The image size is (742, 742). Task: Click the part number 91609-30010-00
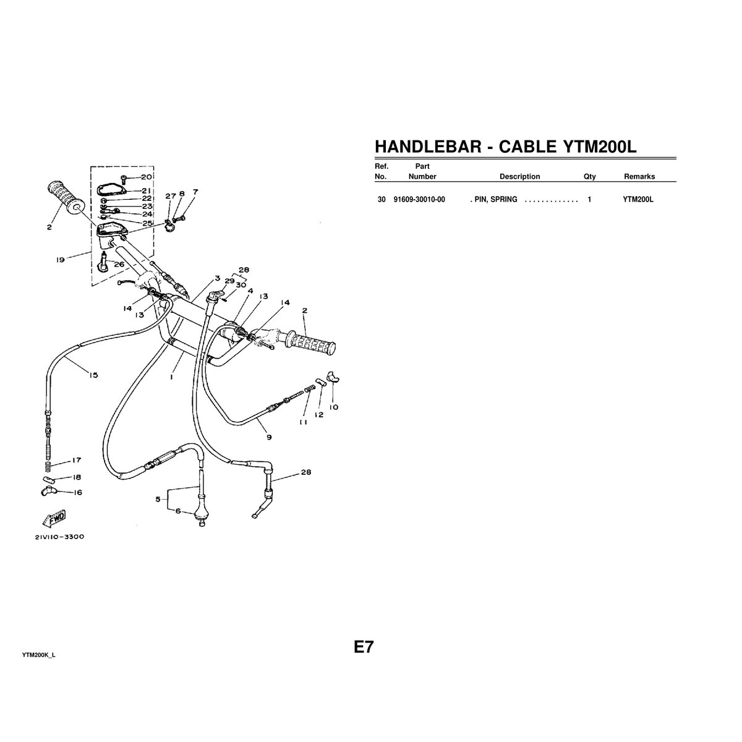(419, 200)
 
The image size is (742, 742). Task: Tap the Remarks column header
(639, 176)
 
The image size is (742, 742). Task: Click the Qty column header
(589, 176)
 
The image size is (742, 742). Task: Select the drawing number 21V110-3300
(59, 537)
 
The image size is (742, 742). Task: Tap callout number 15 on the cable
(93, 375)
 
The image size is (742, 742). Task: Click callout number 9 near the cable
(268, 437)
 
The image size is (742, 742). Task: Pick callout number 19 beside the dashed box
(60, 260)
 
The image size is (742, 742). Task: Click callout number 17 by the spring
(76, 460)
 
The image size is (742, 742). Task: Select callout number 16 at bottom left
(77, 493)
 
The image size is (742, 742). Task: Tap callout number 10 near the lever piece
(334, 407)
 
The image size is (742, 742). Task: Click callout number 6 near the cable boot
(178, 511)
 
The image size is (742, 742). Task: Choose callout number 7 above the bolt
(195, 192)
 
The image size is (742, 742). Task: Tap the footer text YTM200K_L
(38, 654)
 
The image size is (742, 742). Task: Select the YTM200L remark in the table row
(638, 200)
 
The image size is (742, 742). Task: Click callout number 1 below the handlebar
(171, 375)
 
